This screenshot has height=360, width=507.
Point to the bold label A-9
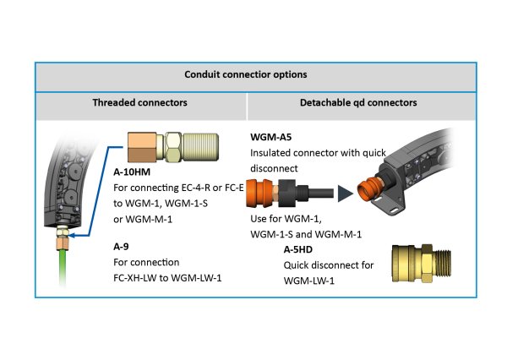pyautogui.click(x=121, y=246)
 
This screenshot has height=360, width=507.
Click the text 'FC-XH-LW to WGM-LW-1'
pyautogui.click(x=172, y=277)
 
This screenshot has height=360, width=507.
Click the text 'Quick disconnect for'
pyautogui.click(x=329, y=265)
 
